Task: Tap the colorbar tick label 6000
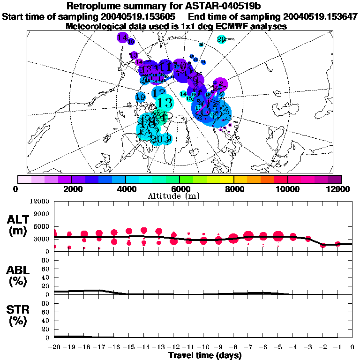(180, 189)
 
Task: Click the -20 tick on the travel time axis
(55, 347)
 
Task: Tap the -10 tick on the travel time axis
(203, 347)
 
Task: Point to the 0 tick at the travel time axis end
(352, 347)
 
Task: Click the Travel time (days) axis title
(205, 355)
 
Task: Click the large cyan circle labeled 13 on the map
(165, 102)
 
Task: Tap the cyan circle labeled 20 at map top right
(222, 39)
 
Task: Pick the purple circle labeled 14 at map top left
(123, 37)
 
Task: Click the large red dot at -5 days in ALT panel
(278, 236)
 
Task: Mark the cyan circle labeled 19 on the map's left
(140, 97)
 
